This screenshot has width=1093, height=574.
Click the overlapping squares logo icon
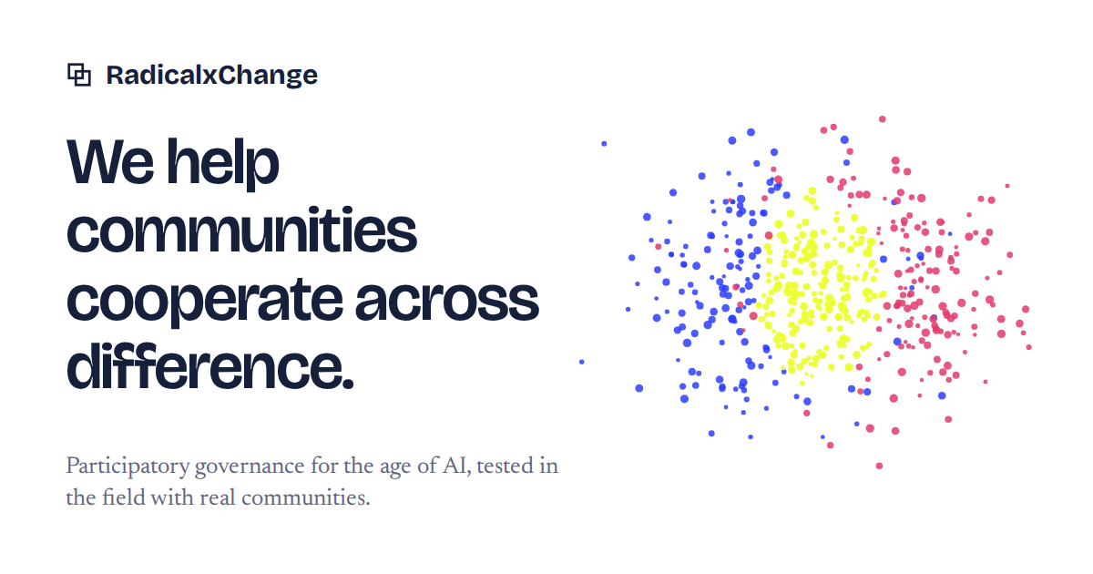point(79,75)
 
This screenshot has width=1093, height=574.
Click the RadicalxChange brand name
point(211,75)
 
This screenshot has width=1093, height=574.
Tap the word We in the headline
point(110,161)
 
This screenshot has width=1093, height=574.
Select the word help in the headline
point(223,164)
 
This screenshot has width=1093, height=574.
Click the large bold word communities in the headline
point(241,230)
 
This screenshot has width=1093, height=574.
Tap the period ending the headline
point(348,384)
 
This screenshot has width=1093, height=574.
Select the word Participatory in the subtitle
point(128,466)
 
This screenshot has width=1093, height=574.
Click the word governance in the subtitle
point(250,467)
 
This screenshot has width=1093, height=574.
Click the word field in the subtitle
point(124,497)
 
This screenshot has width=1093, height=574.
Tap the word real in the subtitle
point(218,497)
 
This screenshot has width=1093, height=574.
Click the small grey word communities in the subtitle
point(306,498)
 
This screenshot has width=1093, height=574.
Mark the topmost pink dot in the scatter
point(883,119)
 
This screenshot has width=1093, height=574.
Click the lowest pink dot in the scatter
point(879,466)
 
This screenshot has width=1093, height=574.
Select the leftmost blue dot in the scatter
point(582,362)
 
